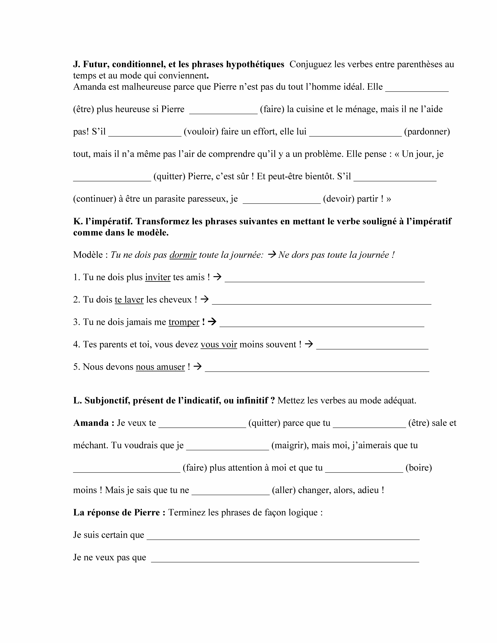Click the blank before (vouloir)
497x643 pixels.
[x=145, y=133]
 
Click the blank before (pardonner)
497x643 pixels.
[x=355, y=133]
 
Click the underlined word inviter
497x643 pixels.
[x=158, y=277]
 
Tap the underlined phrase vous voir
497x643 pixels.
[x=219, y=344]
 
